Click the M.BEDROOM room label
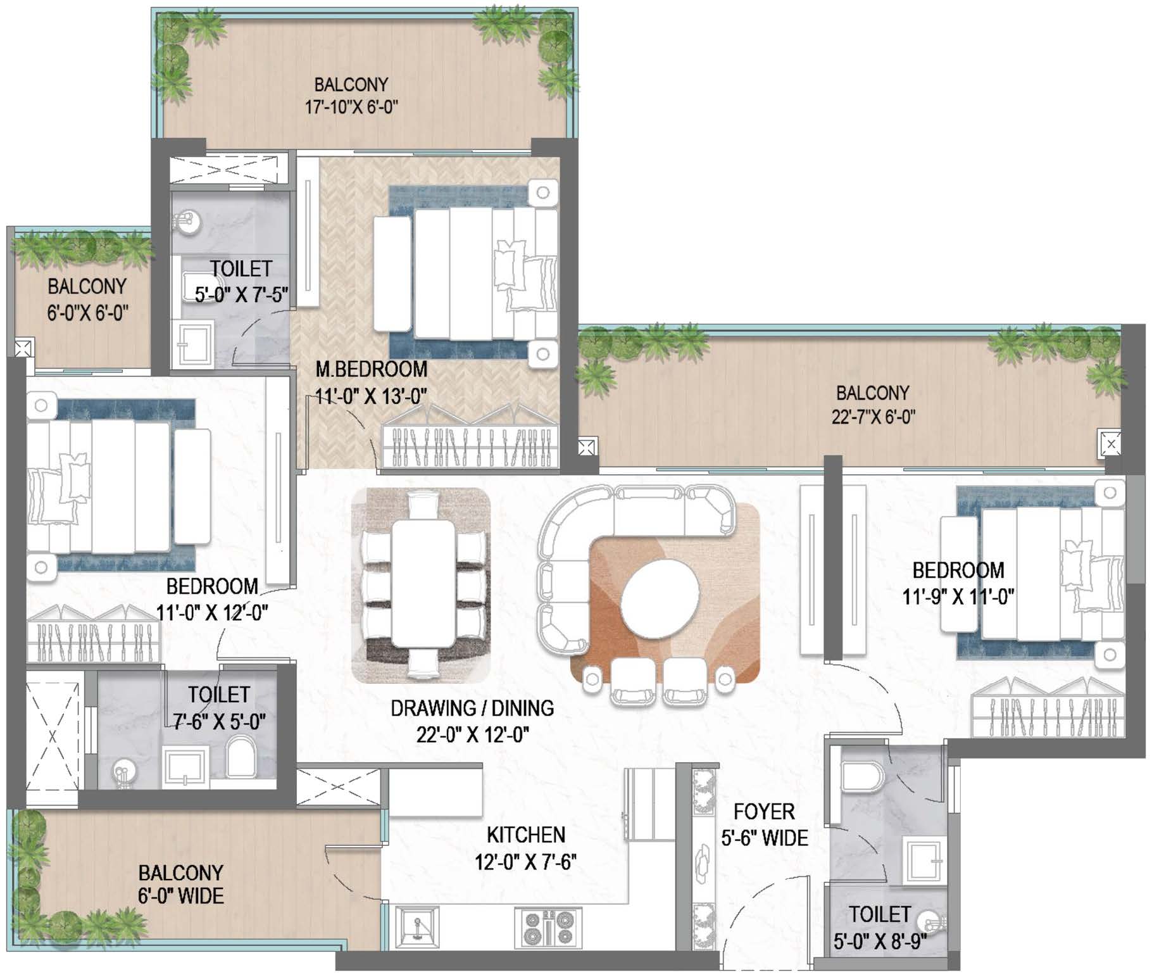click(x=372, y=369)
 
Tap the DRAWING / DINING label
click(x=472, y=708)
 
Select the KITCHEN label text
click(x=526, y=835)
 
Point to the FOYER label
click(x=764, y=812)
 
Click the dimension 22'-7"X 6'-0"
click(x=873, y=417)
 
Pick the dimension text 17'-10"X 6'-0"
click(x=351, y=106)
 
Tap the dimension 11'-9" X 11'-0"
click(x=958, y=596)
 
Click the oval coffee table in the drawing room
click(x=660, y=599)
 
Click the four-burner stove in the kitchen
click(x=548, y=928)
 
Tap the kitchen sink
click(x=416, y=928)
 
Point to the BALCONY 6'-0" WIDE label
click(x=181, y=885)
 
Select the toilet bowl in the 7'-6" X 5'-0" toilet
click(x=241, y=757)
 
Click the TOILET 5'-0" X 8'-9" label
click(x=880, y=928)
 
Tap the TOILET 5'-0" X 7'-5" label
click(x=241, y=281)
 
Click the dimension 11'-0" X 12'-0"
click(x=212, y=612)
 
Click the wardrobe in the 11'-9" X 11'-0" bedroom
click(x=1048, y=708)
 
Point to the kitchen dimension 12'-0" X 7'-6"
click(x=526, y=862)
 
